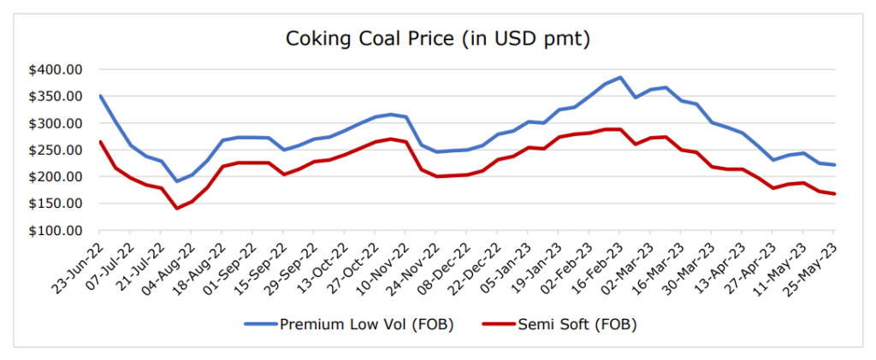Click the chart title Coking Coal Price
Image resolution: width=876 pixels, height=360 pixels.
(438, 39)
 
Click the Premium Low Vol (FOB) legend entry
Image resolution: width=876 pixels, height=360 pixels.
(350, 324)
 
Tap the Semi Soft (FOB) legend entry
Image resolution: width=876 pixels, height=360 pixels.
(560, 324)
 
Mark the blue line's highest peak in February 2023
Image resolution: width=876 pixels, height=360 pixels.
(620, 77)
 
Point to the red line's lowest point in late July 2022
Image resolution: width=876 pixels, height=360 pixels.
(177, 209)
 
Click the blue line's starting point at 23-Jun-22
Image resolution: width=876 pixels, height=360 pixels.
(100, 96)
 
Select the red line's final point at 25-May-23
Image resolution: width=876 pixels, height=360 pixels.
(834, 194)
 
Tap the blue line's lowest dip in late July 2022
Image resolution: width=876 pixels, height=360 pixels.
(177, 181)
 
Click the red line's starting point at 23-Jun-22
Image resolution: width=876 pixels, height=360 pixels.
(100, 142)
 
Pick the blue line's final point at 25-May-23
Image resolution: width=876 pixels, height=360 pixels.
(834, 165)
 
